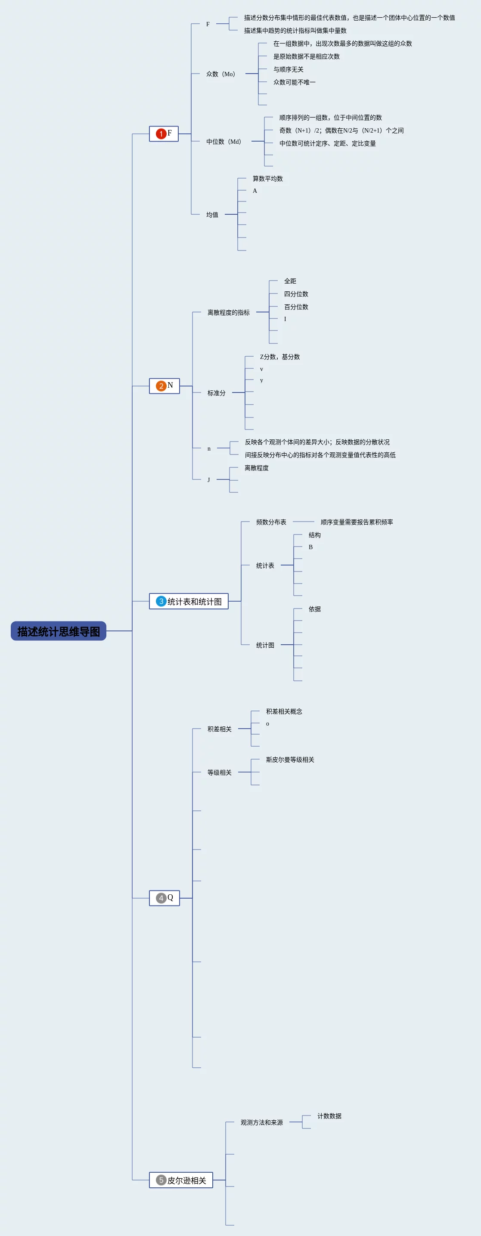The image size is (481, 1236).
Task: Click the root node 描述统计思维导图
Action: (59, 631)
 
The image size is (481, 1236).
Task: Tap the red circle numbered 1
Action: (161, 134)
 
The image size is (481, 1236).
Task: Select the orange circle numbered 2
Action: (161, 386)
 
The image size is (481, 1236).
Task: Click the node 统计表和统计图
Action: (194, 602)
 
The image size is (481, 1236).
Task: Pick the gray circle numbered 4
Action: (161, 898)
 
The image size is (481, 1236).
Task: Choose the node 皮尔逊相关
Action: (186, 1180)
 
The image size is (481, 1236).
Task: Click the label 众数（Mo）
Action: (221, 74)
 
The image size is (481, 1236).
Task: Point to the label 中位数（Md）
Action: (223, 142)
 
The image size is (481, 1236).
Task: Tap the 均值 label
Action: (212, 214)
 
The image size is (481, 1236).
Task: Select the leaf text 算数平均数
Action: (268, 179)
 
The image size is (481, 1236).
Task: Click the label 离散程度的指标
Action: (229, 312)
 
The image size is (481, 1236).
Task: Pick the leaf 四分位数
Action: (296, 294)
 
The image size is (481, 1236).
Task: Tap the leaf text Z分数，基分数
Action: (280, 357)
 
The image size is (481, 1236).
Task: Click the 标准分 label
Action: (217, 393)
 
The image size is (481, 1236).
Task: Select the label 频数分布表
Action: (271, 522)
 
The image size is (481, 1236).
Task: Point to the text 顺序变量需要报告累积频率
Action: (357, 522)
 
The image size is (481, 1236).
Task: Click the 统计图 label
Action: (265, 646)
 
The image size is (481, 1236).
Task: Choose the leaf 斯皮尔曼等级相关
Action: (290, 760)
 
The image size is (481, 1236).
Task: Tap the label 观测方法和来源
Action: (262, 1122)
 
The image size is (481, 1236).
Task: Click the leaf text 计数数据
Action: (329, 1116)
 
